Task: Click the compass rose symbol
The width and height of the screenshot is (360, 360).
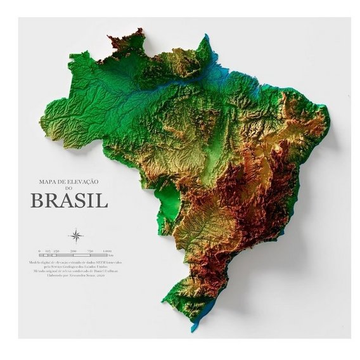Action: click(75, 237)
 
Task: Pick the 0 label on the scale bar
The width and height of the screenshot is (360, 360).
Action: click(39, 251)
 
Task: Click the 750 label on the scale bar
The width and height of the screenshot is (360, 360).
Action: click(90, 251)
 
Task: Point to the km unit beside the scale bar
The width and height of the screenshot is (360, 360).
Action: click(112, 255)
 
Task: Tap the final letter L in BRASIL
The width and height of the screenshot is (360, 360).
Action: click(103, 201)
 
